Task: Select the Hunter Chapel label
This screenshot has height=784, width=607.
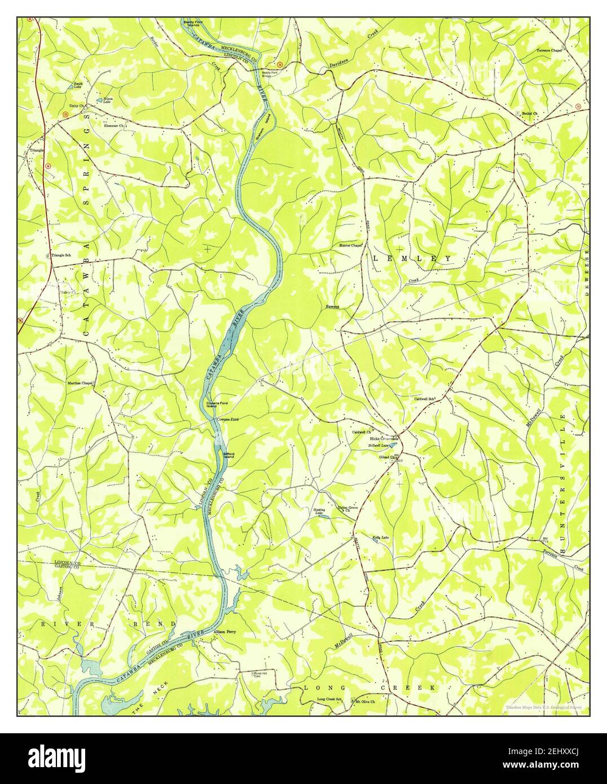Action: (x=350, y=245)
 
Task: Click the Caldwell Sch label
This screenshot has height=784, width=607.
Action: (x=425, y=399)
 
